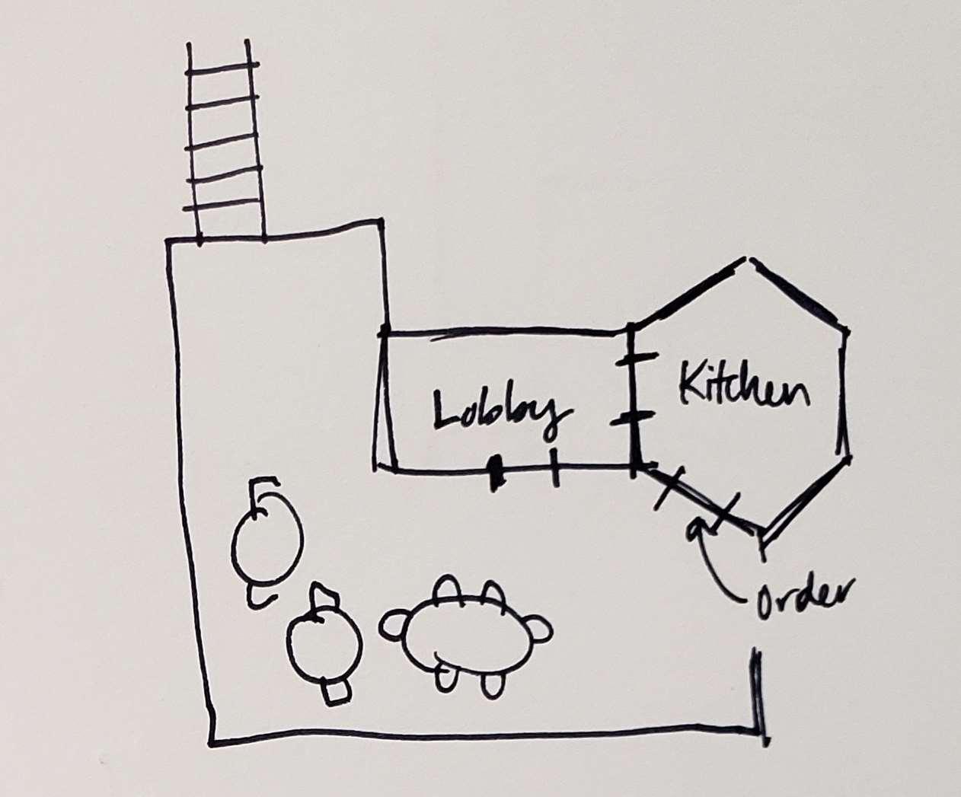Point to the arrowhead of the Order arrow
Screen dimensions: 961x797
tap(694, 527)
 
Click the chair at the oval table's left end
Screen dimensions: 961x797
tap(394, 626)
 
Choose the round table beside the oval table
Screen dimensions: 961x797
tap(323, 644)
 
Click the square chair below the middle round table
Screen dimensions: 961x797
tap(336, 692)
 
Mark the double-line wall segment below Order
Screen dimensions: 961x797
tap(757, 689)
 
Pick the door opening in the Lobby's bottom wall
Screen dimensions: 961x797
tap(526, 469)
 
